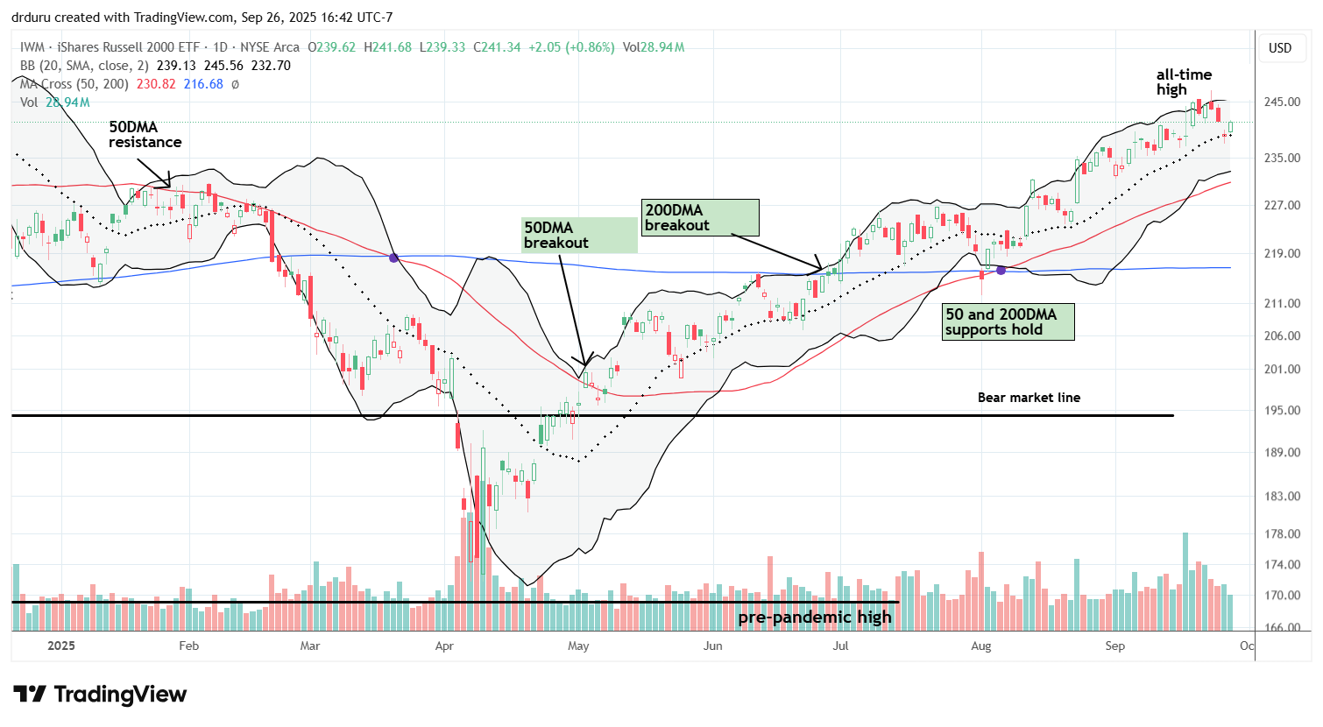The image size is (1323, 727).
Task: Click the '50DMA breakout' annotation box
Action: [x=579, y=235]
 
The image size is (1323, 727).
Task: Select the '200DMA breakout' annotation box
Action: [x=700, y=217]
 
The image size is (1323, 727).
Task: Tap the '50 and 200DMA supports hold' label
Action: [x=1008, y=321]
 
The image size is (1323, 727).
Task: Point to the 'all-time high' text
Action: [x=1183, y=82]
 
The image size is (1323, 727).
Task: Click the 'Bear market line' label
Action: [x=1029, y=398]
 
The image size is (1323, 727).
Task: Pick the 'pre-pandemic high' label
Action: [x=814, y=618]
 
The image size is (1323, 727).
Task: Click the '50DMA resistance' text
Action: [x=145, y=135]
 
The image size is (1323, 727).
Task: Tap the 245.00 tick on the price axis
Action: [x=1281, y=102]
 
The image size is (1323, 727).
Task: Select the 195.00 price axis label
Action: [x=1281, y=410]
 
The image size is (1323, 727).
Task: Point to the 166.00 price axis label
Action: [x=1281, y=628]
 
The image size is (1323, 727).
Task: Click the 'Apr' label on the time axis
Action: [x=444, y=646]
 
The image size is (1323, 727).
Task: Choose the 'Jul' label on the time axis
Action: [x=840, y=646]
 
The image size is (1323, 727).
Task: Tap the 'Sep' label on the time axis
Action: [x=1114, y=646]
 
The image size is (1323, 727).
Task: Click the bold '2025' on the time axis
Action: [x=60, y=646]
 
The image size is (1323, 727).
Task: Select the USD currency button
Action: [x=1280, y=48]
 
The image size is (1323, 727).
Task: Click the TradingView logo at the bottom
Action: [x=100, y=695]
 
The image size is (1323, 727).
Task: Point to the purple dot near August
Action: [x=1001, y=270]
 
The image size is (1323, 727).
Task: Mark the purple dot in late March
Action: [x=393, y=258]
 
